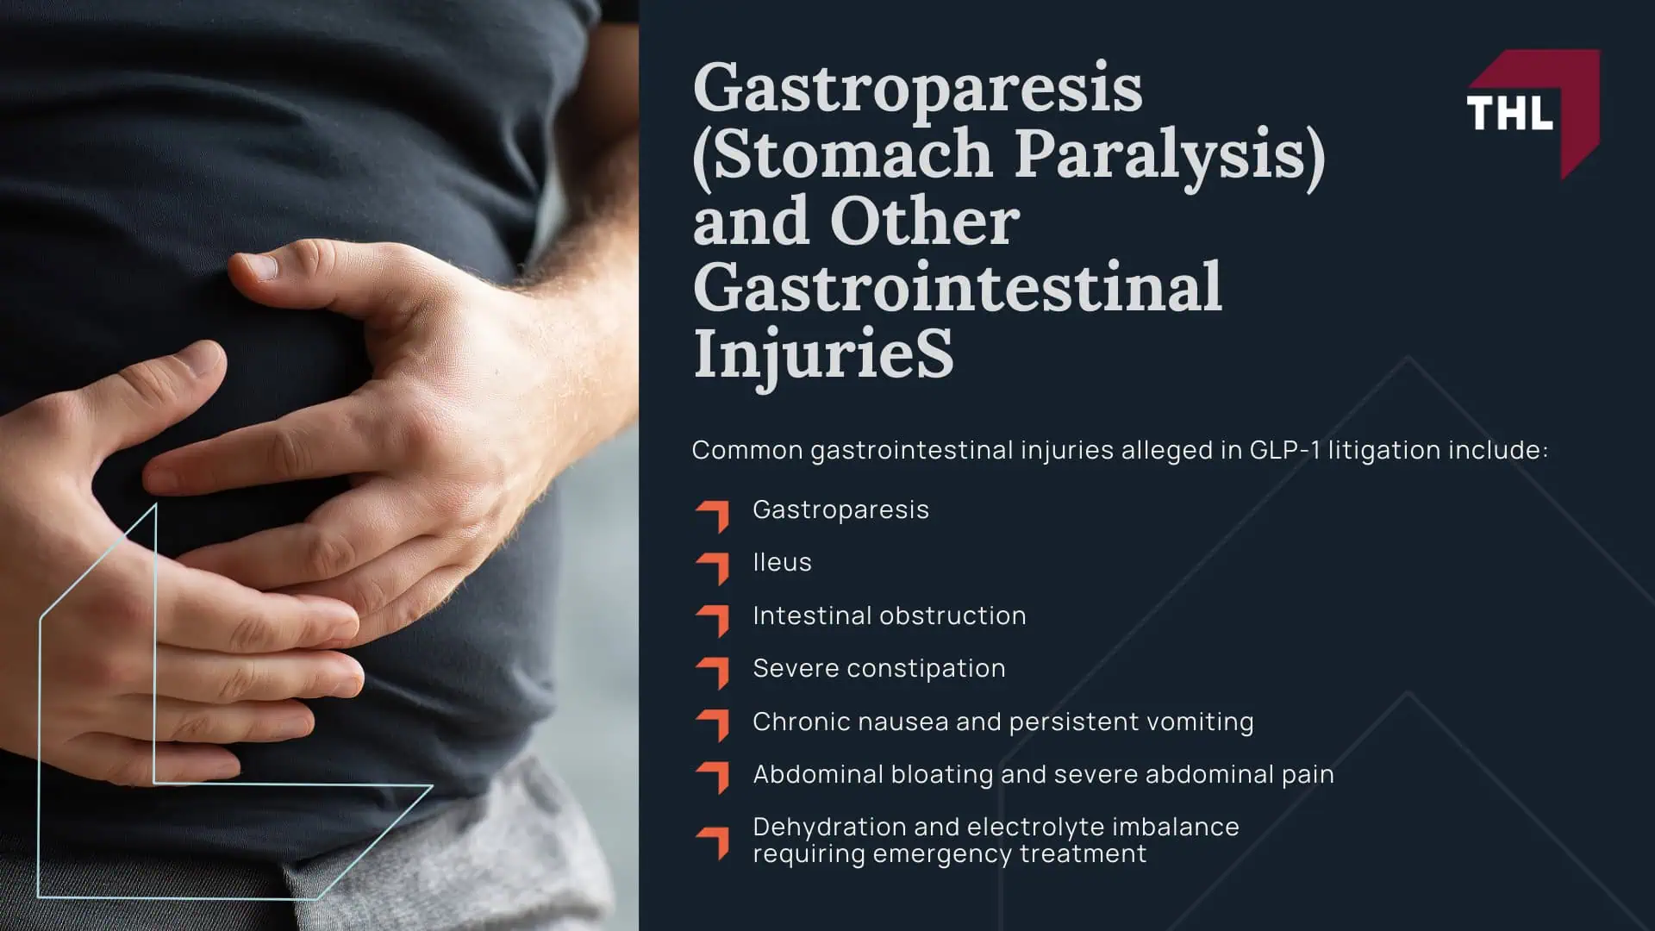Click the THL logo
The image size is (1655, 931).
tap(1533, 112)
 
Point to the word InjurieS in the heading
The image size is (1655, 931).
tap(824, 353)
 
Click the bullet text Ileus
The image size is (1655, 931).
tap(782, 563)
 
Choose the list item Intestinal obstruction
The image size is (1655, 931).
tap(890, 615)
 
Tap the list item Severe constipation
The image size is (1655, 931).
tap(879, 669)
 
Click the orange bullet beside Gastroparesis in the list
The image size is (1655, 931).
tap(712, 515)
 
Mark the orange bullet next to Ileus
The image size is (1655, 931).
tap(712, 569)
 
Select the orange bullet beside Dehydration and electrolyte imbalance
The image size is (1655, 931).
tap(712, 843)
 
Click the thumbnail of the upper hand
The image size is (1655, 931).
tap(257, 269)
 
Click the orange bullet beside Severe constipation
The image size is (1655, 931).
tap(712, 674)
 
